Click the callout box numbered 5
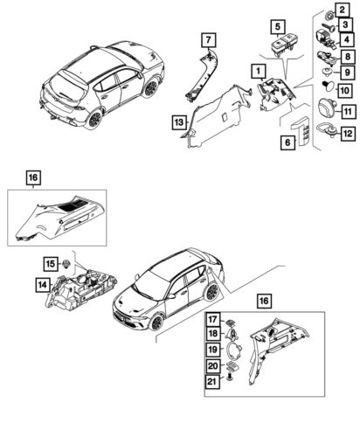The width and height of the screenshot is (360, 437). click(278, 27)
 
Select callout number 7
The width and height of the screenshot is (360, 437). click(209, 40)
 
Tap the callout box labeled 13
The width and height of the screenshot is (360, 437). click(179, 122)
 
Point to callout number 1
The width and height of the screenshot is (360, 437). click(259, 71)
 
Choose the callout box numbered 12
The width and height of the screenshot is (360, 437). click(348, 134)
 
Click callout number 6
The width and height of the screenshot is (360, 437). click(287, 142)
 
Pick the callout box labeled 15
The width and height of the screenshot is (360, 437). click(51, 264)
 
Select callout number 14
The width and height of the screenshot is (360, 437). click(43, 285)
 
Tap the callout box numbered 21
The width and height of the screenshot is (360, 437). click(213, 381)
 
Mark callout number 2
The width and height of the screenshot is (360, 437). click(343, 10)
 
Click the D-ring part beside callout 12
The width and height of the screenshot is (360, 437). click(325, 128)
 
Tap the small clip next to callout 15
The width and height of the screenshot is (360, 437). click(66, 264)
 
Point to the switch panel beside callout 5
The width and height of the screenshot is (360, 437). click(281, 45)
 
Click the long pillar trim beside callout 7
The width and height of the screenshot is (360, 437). click(202, 75)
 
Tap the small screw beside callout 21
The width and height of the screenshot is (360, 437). click(231, 378)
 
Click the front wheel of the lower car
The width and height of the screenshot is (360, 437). click(156, 322)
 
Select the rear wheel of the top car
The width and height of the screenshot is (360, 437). click(94, 119)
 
